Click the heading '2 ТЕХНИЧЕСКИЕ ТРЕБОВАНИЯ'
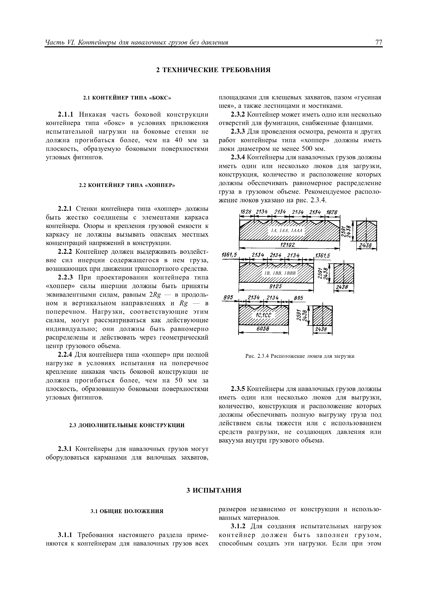(x=213, y=70)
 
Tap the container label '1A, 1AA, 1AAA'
(x=287, y=231)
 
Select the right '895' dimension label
(x=298, y=298)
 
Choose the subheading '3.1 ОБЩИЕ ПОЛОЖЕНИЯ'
(x=127, y=511)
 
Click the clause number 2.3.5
(x=238, y=389)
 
